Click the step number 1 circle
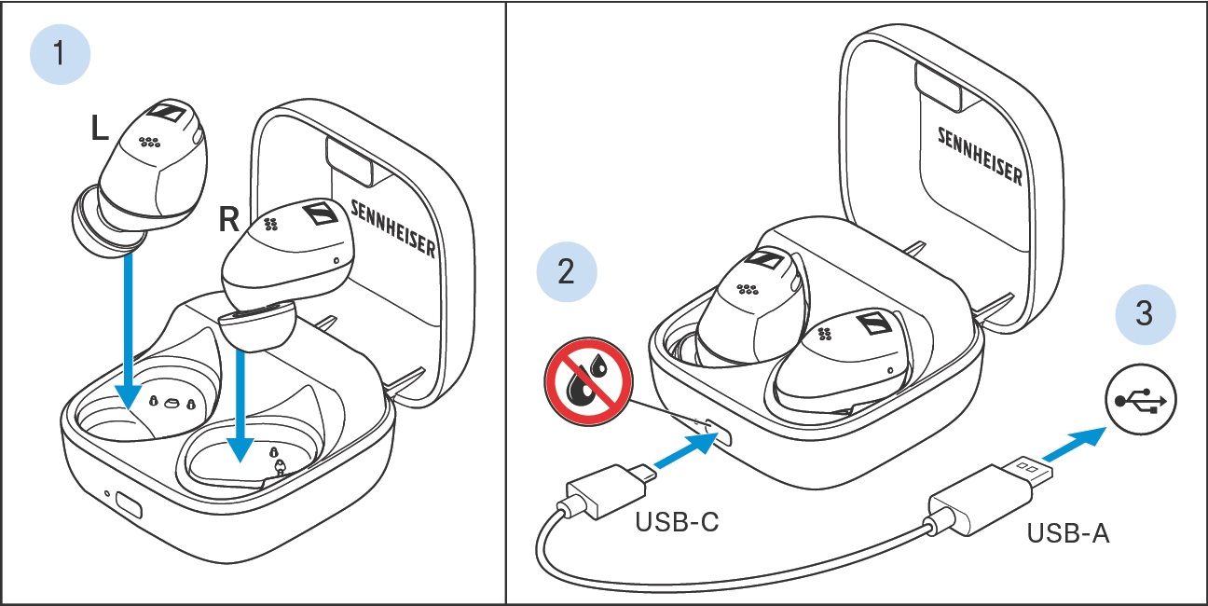coord(60,54)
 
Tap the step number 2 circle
coord(567,271)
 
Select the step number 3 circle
coord(1145,314)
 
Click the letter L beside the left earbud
coord(99,129)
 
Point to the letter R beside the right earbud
coord(228,219)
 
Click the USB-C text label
coord(677,522)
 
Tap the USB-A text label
coord(1068,533)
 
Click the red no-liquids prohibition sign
coord(588,381)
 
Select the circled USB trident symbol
coord(1141,400)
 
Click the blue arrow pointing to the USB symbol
coord(1073,444)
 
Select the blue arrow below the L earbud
coord(129,332)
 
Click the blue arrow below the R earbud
coord(240,406)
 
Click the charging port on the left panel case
coord(129,505)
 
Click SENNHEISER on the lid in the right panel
coord(980,157)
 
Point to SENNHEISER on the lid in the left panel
coord(392,228)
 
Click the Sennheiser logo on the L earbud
coord(167,112)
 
